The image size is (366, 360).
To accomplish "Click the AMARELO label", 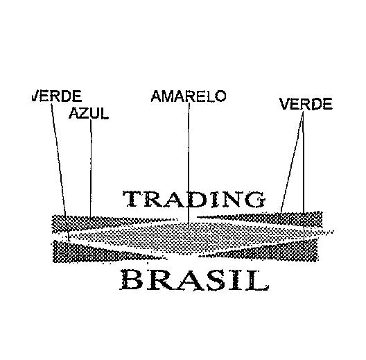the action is (189, 96).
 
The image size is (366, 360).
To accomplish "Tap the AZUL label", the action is (89, 113).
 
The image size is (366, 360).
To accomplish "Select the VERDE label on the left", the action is (57, 96).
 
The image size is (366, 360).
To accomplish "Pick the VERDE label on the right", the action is (306, 104).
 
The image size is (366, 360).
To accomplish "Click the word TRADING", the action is (194, 199).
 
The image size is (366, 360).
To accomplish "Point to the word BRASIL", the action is (193, 280).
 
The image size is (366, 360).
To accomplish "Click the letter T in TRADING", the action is (132, 199).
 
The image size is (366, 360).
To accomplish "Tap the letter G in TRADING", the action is (255, 200).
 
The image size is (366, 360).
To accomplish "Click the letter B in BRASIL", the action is (131, 280).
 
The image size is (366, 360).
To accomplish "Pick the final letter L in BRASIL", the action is (256, 280).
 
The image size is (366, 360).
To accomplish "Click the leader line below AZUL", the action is (91, 168).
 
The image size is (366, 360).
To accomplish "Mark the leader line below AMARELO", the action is (189, 169).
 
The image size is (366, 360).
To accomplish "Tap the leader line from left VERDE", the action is (60, 173).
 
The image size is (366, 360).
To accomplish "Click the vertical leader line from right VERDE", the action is (303, 175).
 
